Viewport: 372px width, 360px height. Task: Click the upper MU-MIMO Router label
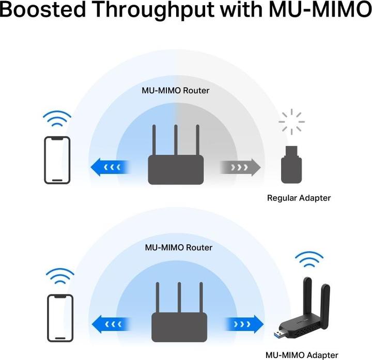point(176,90)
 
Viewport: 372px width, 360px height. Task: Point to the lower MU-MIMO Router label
point(179,247)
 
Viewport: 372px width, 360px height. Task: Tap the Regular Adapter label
point(299,198)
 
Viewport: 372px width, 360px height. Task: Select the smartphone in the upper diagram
point(57,160)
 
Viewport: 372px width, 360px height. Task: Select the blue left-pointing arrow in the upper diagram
point(110,167)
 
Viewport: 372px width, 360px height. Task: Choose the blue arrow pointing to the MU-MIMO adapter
point(243,325)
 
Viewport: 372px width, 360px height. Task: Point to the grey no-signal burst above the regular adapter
point(291,122)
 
